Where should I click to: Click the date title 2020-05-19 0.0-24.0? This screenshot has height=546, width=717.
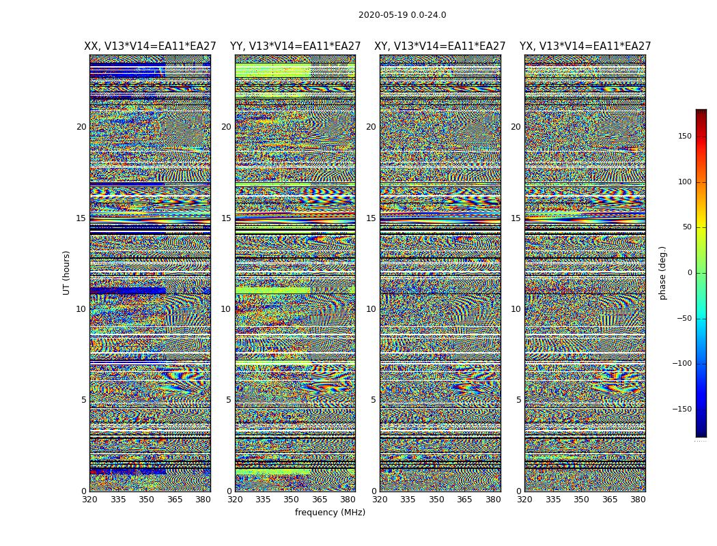tap(402, 15)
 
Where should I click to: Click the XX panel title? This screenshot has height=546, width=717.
tap(150, 46)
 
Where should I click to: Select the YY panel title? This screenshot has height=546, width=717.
tap(295, 46)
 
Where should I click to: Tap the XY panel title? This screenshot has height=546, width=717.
tap(440, 46)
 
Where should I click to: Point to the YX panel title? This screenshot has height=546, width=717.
tap(585, 46)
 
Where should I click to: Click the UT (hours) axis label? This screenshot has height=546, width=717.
tap(67, 272)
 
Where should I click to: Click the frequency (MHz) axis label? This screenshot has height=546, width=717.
tap(330, 513)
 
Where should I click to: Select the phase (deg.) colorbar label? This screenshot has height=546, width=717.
tap(663, 273)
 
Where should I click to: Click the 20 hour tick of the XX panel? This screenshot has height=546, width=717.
tap(81, 127)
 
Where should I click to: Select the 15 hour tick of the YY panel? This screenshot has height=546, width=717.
tap(226, 218)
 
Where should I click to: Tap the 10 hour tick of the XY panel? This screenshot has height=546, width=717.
tap(371, 309)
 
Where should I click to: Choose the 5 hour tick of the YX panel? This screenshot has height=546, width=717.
tap(518, 400)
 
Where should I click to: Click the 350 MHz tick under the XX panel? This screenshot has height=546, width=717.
tap(146, 500)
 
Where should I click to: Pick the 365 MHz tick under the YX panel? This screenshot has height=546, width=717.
tap(610, 500)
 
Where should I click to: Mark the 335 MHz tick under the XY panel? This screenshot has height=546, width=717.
tap(408, 500)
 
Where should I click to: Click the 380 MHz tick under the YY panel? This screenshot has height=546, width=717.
tap(348, 500)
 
